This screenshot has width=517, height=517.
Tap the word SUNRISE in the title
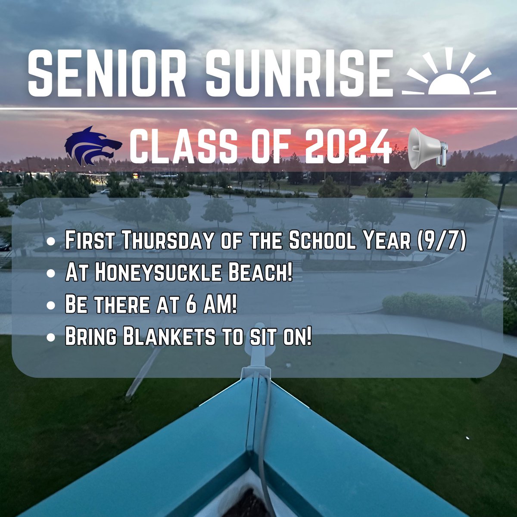point(299,73)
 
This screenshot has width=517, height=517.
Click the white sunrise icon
point(448,73)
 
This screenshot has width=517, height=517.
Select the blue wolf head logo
point(91,146)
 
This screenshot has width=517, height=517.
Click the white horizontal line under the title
point(258,109)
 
